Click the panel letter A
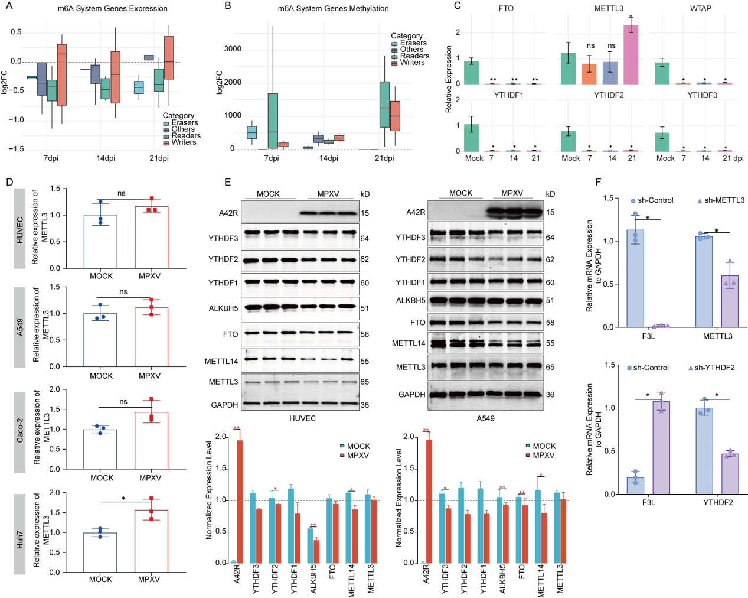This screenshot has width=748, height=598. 9,5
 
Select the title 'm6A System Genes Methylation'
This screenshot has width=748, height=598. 333,8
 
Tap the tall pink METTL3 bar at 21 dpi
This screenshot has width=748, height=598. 631,54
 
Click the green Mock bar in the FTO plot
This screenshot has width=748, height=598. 471,72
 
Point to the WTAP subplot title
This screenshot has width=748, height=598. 700,8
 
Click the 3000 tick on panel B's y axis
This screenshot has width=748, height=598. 233,48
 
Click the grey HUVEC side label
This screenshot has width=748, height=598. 20,229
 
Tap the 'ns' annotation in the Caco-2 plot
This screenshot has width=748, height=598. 123,401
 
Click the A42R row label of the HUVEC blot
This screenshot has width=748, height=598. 228,213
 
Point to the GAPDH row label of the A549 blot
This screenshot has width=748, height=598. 411,395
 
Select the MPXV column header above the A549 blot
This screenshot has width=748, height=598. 512,193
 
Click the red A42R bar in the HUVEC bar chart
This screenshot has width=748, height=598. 240,502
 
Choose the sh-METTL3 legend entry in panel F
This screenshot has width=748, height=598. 721,200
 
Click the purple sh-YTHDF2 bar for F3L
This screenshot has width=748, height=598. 661,448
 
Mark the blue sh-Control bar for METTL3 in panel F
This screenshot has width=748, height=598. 704,282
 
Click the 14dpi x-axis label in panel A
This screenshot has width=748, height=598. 106,158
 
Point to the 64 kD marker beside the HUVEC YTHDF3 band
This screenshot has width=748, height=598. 365,238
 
